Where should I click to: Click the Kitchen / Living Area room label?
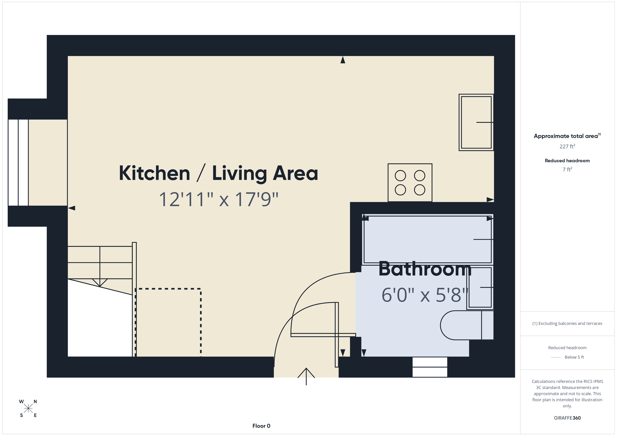point(218,173)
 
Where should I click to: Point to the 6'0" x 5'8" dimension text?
point(425,295)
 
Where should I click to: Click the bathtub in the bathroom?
point(427,239)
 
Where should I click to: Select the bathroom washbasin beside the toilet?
point(480,287)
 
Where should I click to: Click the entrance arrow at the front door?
point(306,376)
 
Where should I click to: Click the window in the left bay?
point(18,162)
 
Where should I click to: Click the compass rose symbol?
point(28,408)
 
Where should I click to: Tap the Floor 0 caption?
point(261,426)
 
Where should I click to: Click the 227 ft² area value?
point(567,146)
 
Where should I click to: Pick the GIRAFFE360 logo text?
point(567,418)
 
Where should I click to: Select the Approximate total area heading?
point(566,136)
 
